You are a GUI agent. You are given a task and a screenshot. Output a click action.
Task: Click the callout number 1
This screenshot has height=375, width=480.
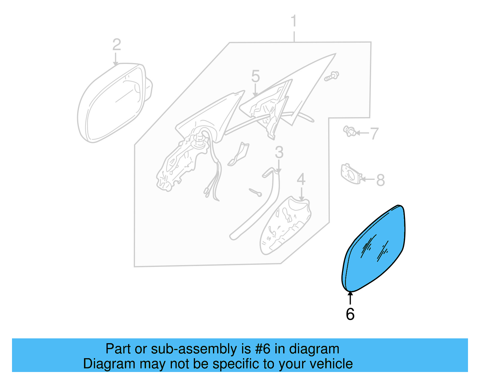coord(294,21)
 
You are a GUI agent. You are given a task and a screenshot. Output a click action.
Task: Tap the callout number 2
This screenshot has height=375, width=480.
coord(117,45)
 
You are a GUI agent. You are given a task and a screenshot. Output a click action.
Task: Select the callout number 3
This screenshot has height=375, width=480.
coord(279,153)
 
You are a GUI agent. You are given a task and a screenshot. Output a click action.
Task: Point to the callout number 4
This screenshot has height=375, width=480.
coord(301,180)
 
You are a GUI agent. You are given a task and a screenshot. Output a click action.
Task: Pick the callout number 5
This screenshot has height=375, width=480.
coord(255,76)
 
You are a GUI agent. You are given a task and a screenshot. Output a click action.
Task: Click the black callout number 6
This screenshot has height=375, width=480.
coord(350,314)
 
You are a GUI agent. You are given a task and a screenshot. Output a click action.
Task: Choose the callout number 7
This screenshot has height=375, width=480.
coord(374,133)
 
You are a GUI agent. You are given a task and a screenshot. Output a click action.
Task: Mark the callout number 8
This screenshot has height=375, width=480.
coord(380,180)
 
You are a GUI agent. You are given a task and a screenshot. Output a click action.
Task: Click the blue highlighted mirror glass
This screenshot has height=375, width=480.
coord(375,249)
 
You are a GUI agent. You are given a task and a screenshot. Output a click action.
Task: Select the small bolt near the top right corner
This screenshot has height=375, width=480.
coord(331,76)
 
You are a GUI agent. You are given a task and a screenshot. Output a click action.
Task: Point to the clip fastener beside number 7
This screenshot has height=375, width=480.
coord(349,131)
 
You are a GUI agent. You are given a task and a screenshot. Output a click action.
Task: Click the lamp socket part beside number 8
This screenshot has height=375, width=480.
coord(350,174)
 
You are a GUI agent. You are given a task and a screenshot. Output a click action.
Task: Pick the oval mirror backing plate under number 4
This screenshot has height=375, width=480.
coord(285,227)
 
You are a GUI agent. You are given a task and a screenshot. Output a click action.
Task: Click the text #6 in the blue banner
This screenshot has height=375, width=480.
coord(262,349)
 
